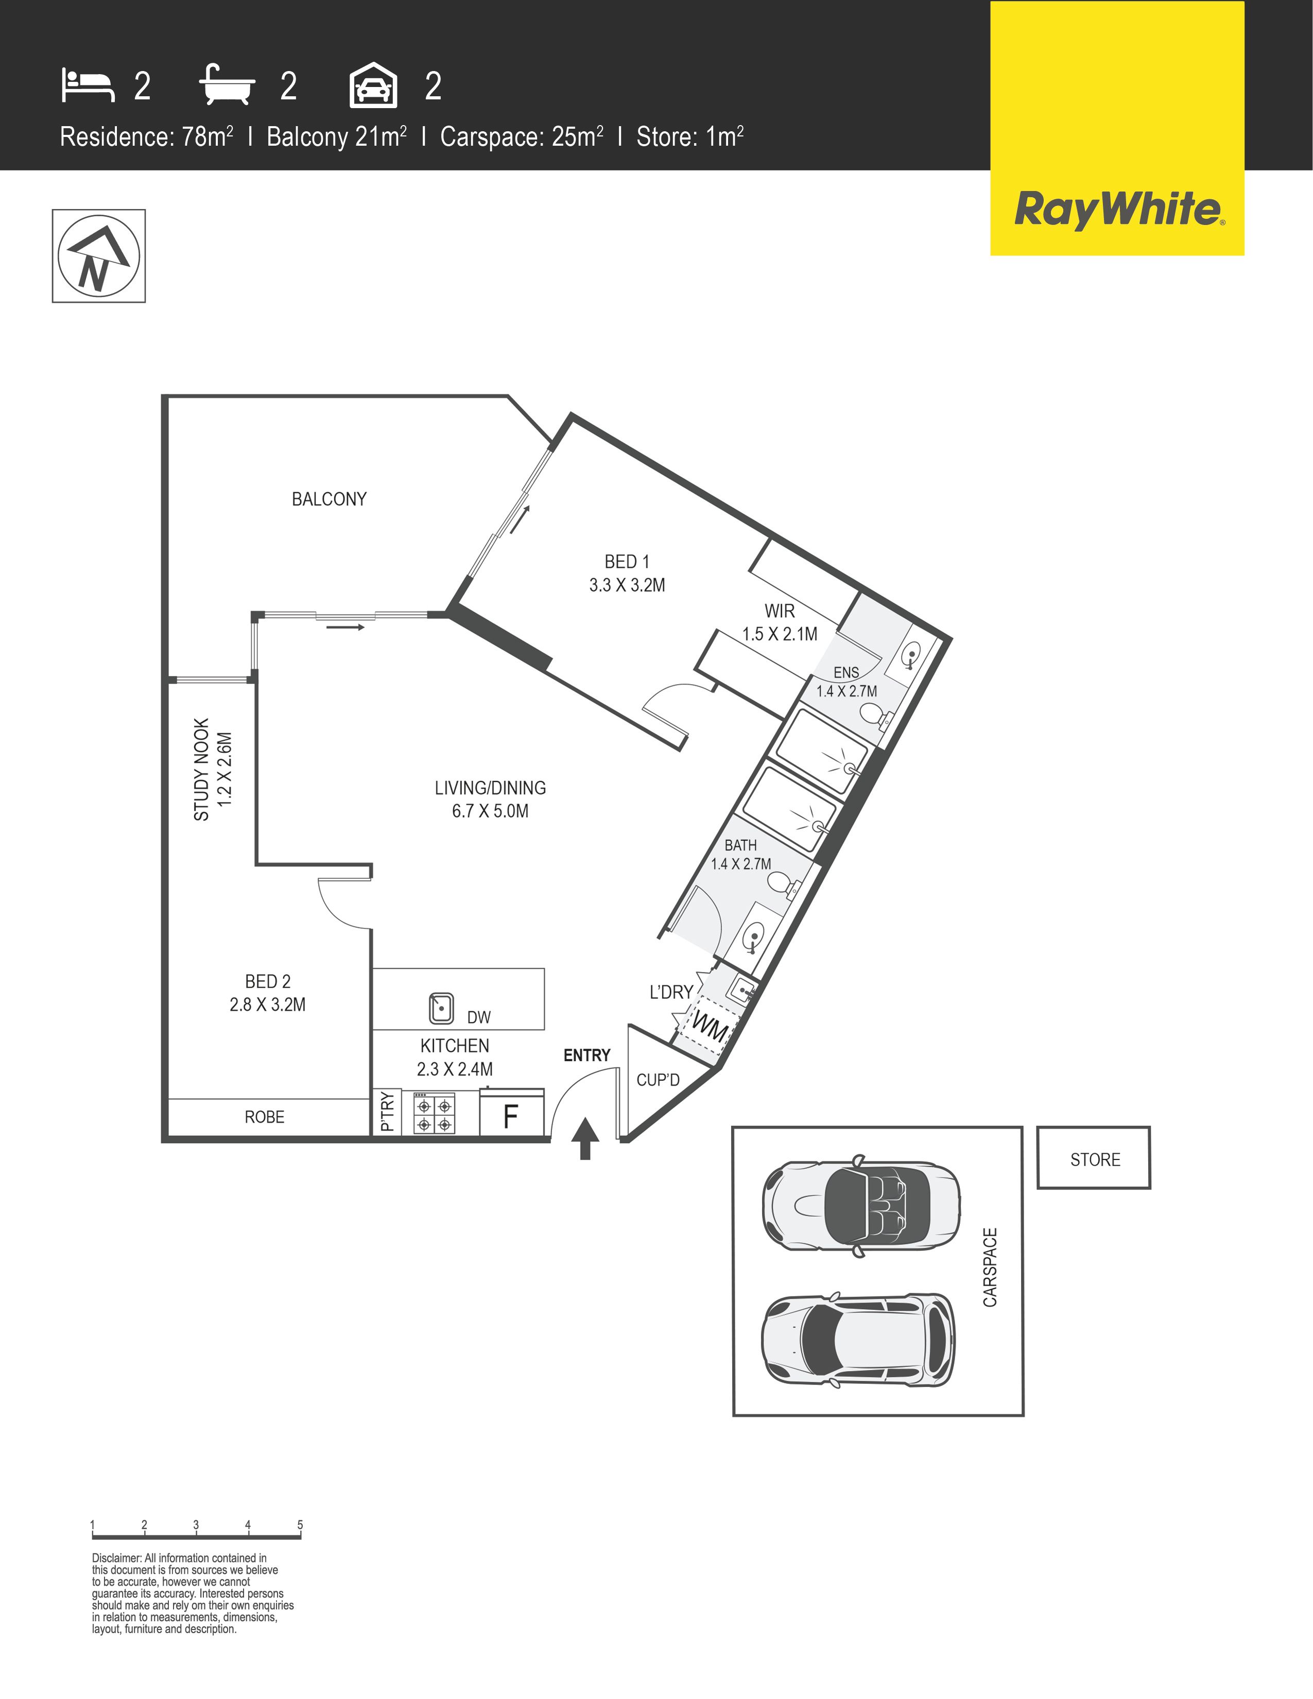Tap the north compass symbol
pyautogui.click(x=99, y=256)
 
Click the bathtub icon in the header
pyautogui.click(x=227, y=85)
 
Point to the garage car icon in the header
pyautogui.click(x=373, y=85)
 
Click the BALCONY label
pyautogui.click(x=329, y=499)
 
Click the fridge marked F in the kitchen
pyautogui.click(x=511, y=1113)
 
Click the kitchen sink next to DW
pyautogui.click(x=442, y=1008)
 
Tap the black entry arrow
pyautogui.click(x=585, y=1139)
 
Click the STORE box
pyautogui.click(x=1094, y=1157)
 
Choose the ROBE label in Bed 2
pyautogui.click(x=265, y=1117)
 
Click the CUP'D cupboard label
pyautogui.click(x=658, y=1080)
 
